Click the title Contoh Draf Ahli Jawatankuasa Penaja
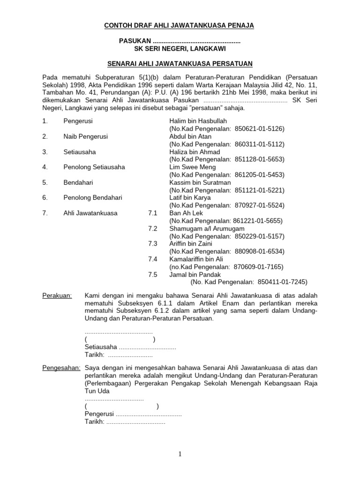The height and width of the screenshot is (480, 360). [x=179, y=26]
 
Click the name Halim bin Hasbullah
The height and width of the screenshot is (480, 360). [x=198, y=121]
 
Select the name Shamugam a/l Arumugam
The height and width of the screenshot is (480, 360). [x=207, y=228]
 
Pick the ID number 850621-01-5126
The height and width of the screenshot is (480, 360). [x=258, y=128]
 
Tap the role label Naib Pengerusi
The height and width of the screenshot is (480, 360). [x=85, y=136]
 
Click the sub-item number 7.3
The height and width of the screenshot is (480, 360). [x=153, y=244]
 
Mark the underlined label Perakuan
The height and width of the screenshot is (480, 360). [x=57, y=295]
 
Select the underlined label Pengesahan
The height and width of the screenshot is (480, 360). [x=61, y=368]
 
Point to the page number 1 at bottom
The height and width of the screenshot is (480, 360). [x=180, y=454]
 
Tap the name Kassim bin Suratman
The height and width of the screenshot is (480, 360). [x=198, y=182]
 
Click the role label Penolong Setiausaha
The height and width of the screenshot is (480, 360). [x=94, y=167]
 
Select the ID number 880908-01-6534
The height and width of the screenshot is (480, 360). [x=259, y=251]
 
